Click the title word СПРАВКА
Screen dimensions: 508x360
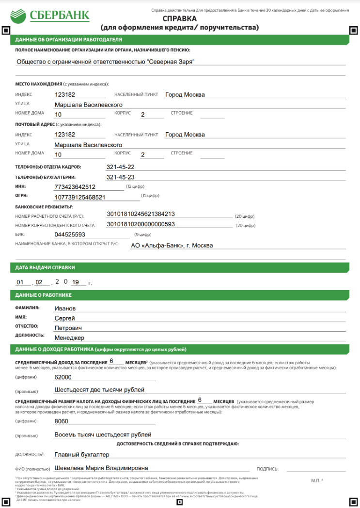point(179,18)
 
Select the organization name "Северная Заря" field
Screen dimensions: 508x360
point(105,62)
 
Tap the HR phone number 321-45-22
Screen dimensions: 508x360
point(120,167)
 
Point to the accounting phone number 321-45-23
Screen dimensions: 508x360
point(120,177)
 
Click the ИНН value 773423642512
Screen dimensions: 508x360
point(75,187)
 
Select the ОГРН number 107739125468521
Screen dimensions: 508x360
point(80,197)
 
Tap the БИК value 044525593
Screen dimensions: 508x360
point(70,234)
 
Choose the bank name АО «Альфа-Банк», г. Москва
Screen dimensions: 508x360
point(172,246)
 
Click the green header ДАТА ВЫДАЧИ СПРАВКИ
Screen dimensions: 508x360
point(45,267)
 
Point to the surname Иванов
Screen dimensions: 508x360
point(65,308)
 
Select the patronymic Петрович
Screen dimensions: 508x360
point(68,328)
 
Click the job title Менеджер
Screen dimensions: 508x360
point(69,338)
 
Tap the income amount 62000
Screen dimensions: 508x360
point(63,377)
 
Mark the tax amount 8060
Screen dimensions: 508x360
point(62,421)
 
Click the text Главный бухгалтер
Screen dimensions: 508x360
point(82,454)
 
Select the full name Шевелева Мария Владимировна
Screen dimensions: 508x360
point(101,468)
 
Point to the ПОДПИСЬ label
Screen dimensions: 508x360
point(267,469)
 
